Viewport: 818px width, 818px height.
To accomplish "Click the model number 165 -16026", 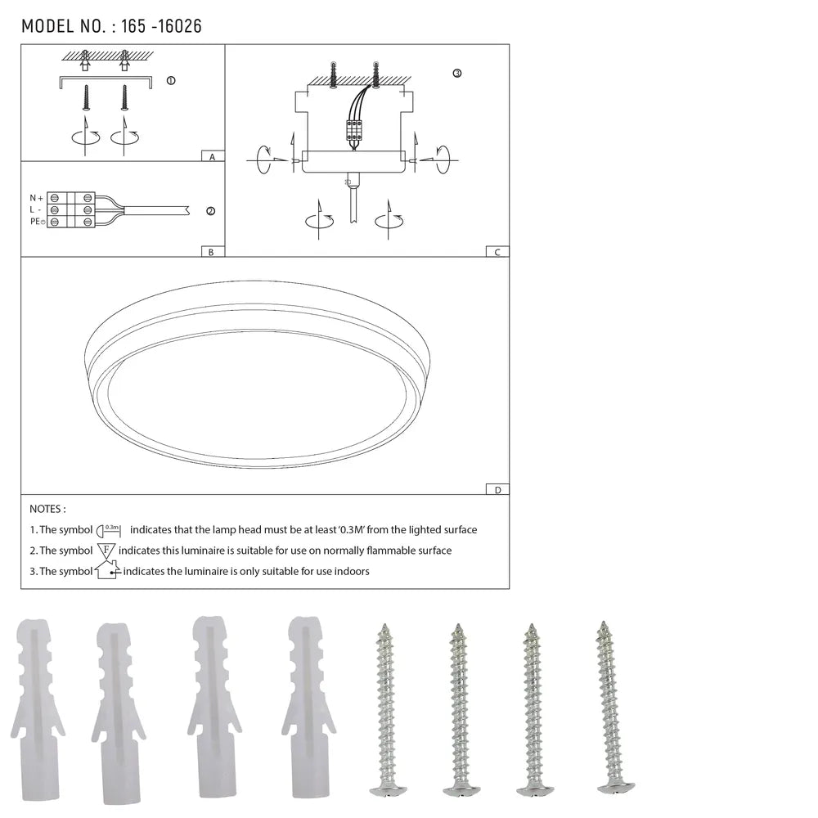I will click(160, 26).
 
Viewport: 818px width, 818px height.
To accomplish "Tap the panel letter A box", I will click(212, 156).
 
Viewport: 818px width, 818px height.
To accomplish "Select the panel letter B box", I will click(211, 252).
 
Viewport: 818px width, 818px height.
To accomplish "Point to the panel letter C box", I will click(497, 252).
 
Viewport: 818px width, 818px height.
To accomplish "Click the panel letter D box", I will click(497, 490).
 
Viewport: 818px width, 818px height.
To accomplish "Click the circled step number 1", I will click(170, 81).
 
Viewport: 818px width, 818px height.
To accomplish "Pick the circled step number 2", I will click(210, 211).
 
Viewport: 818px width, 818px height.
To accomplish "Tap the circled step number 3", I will click(456, 74).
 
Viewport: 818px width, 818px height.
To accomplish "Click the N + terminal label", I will click(37, 198).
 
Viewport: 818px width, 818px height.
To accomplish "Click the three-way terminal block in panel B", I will click(71, 210).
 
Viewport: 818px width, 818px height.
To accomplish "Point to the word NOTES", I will click(47, 510).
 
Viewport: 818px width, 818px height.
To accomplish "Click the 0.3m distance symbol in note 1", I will click(110, 530).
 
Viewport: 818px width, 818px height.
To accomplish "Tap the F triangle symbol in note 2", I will click(106, 551).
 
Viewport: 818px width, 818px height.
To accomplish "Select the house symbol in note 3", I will click(107, 570).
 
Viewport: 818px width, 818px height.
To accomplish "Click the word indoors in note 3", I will click(351, 572).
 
